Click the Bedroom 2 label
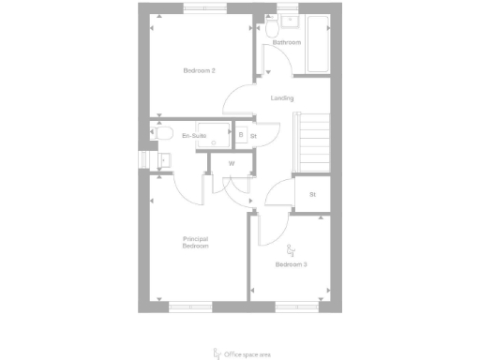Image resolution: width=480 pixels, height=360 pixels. click(200, 71)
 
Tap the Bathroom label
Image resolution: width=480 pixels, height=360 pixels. click(286, 43)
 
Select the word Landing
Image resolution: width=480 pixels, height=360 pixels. click(282, 97)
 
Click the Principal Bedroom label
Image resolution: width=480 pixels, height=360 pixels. click(195, 242)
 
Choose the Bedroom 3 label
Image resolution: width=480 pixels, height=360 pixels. click(291, 264)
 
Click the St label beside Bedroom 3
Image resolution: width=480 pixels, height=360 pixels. click(311, 194)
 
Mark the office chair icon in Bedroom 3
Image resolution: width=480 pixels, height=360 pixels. click(291, 249)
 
